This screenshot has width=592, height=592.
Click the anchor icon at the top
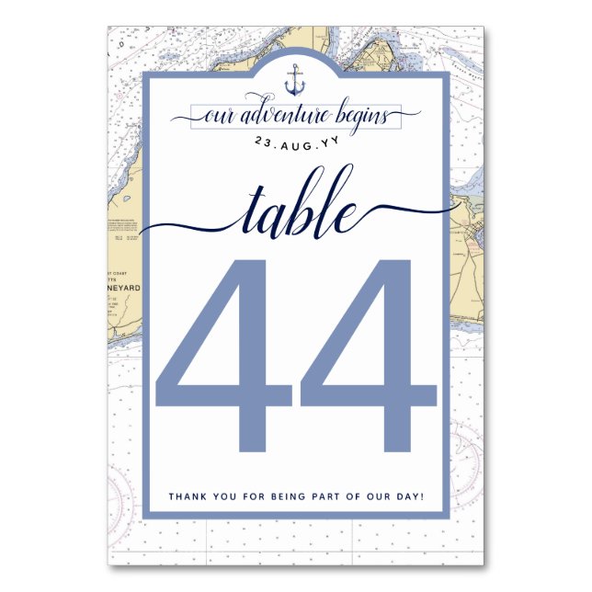click(295, 80)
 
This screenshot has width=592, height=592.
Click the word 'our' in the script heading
click(218, 118)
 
